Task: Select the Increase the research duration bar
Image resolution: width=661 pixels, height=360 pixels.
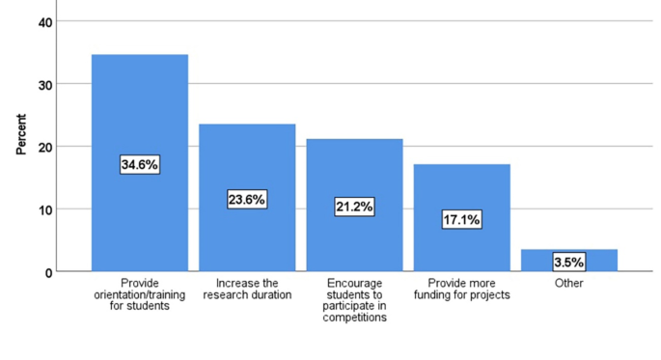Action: click(247, 154)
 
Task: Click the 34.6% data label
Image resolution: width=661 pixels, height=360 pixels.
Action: click(140, 165)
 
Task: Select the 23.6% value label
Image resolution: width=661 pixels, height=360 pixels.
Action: click(247, 200)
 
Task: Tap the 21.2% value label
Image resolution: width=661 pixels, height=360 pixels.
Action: click(354, 207)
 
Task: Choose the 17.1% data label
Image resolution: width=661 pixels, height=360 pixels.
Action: click(461, 220)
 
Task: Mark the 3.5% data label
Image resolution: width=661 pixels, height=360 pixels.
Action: click(569, 262)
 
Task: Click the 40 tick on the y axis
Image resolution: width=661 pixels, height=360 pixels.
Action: click(45, 21)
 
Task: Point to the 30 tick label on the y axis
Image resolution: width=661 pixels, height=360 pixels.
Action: click(45, 84)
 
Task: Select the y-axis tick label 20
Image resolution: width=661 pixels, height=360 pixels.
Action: click(45, 147)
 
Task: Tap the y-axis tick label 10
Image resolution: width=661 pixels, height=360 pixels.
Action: click(45, 209)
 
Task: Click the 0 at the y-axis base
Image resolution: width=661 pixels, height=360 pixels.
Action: click(48, 272)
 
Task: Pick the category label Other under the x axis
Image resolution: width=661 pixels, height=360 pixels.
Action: click(569, 283)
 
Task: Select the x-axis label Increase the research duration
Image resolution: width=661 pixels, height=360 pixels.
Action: click(247, 289)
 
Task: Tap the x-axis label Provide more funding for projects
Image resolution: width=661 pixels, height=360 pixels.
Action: click(461, 289)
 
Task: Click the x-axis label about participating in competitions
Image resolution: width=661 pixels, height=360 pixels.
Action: click(354, 299)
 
